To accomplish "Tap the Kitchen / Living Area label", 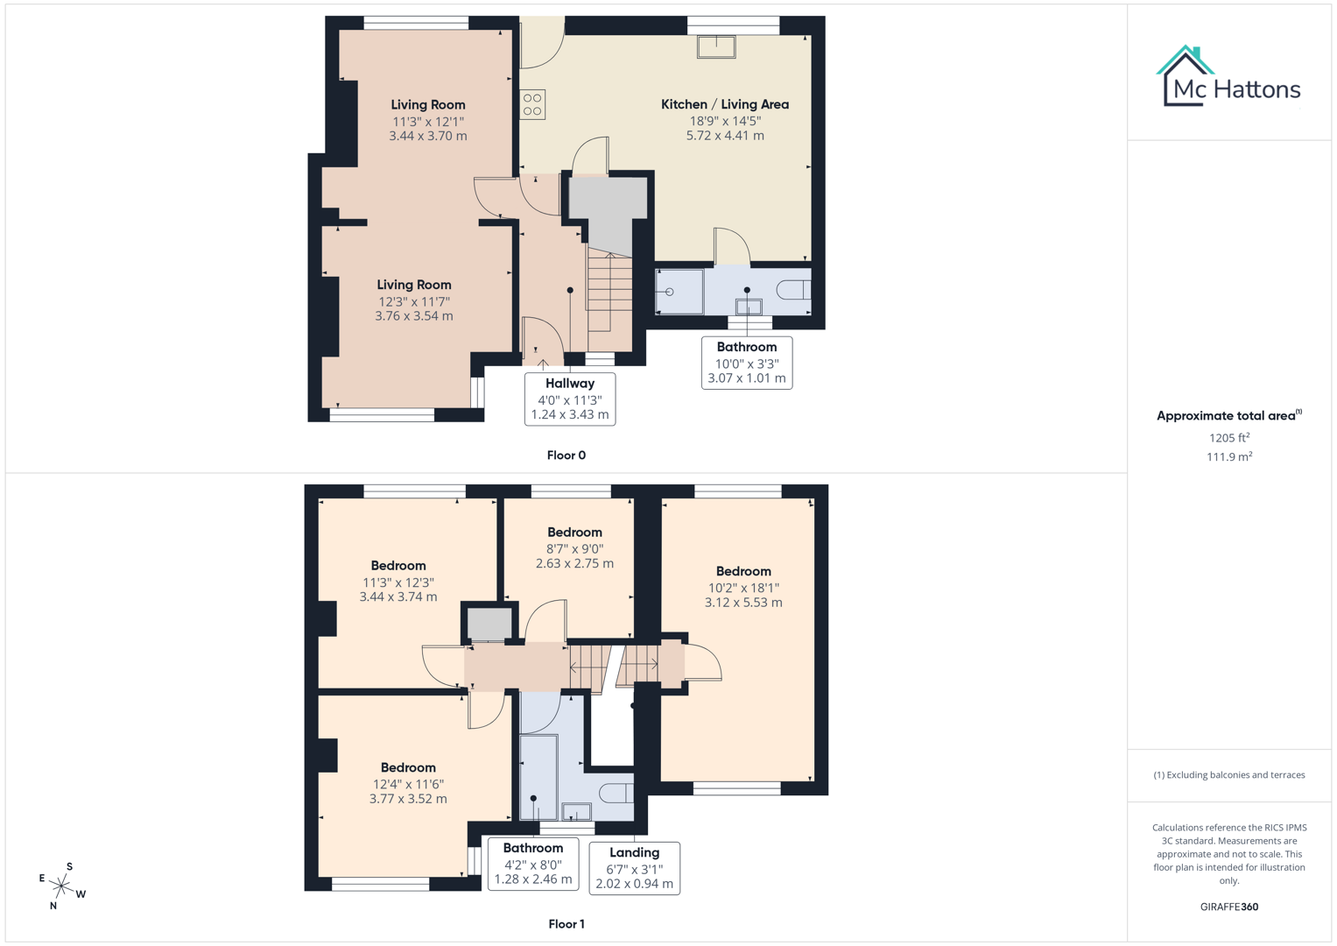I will click(724, 104).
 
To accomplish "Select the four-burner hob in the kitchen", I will click(532, 105).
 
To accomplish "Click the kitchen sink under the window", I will click(716, 46).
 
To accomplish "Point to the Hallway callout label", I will click(570, 384).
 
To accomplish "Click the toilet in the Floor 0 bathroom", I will click(793, 290).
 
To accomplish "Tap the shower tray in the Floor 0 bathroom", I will click(679, 292).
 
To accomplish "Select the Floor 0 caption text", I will click(566, 455).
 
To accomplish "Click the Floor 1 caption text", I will click(566, 924).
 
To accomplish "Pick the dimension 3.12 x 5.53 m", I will click(743, 603).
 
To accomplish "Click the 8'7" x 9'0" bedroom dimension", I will click(574, 548).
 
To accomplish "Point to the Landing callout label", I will click(634, 852).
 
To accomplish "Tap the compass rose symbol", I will click(61, 886).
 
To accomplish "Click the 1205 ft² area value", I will click(1229, 438).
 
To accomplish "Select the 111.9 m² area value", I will click(1229, 456).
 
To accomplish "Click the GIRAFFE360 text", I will click(1229, 907).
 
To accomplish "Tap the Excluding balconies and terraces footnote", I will click(1229, 775).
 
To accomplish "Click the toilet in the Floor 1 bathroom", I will click(616, 793).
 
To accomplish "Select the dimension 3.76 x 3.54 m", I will click(414, 316).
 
